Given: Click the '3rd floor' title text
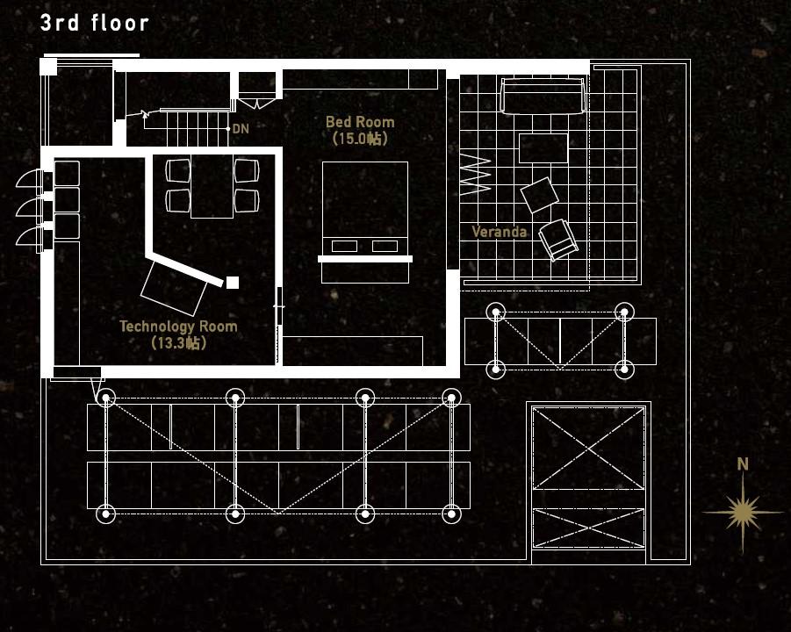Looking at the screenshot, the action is pos(94,23).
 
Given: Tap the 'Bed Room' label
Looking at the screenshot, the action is pos(360,122).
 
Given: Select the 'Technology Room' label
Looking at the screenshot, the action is pos(178,327).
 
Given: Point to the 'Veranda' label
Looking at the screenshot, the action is pos(499,232).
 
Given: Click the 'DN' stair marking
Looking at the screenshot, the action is pos(241,129).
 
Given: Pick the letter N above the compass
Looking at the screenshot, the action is pos(743,464).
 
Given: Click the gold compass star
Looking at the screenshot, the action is pos(742,512).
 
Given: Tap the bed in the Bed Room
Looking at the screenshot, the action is pos(365,222).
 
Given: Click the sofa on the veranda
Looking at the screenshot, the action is pos(543,96).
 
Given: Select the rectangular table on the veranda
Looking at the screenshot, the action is pos(543,148).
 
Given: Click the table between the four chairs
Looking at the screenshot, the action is pos(212,186).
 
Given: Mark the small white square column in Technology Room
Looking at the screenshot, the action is pos(233,283).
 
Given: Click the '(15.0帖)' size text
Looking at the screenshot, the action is pos(360,139).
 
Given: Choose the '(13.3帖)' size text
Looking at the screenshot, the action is pos(178,343).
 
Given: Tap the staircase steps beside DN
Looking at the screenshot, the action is pos(197,129).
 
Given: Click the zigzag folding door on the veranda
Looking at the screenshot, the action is pos(475,175).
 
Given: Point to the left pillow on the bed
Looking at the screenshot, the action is pos(344,246).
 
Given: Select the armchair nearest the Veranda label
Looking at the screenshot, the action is pos(558,241).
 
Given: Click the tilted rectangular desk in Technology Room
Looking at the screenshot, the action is pos(174,288).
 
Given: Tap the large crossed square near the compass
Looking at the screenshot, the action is pos(589,448).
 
